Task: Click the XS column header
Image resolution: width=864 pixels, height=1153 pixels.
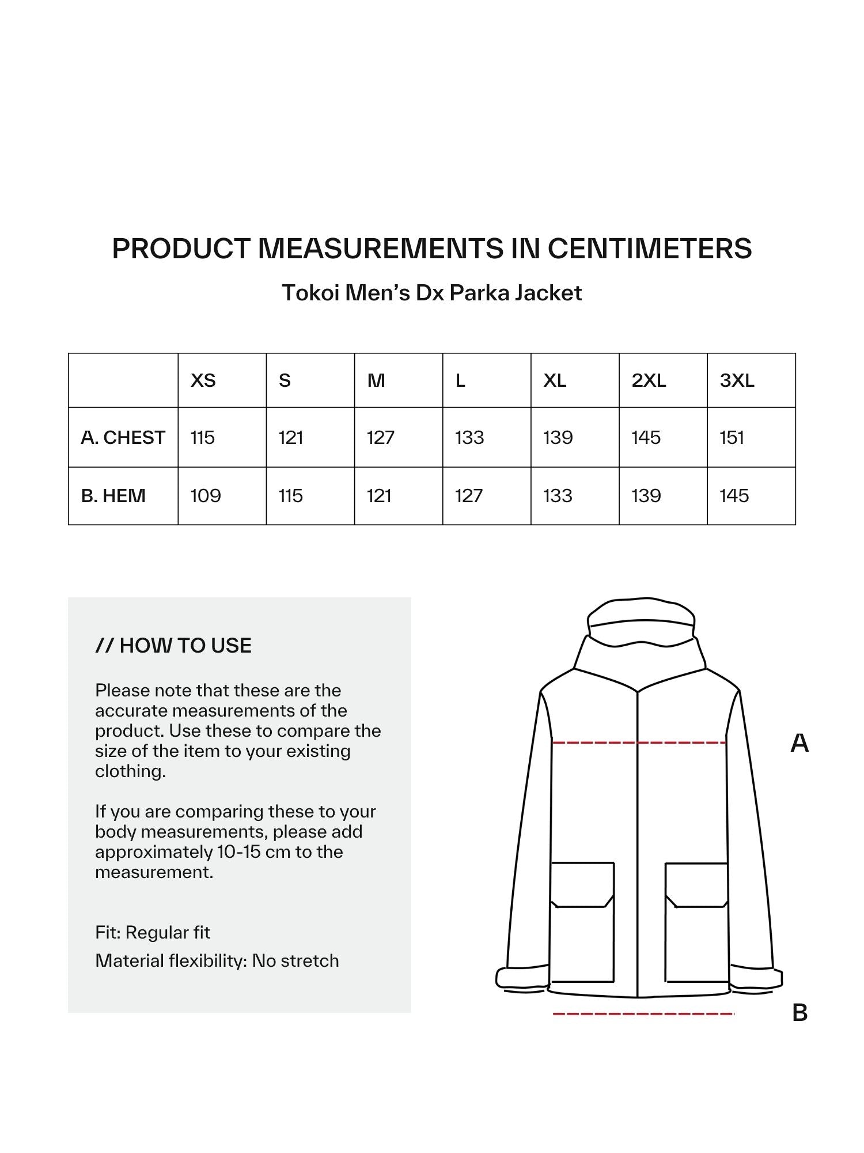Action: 203,380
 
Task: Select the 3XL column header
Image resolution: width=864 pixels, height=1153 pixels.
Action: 737,380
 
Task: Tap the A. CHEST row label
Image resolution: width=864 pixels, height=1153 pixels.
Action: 123,438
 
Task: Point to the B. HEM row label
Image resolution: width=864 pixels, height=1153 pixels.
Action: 113,496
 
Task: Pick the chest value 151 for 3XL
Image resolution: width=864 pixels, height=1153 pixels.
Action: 732,438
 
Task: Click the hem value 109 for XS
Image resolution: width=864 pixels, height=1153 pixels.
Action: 206,496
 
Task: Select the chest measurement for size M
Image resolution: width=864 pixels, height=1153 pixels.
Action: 380,438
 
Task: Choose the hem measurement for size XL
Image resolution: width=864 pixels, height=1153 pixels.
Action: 558,496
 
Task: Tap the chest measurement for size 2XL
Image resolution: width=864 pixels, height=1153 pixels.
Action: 646,438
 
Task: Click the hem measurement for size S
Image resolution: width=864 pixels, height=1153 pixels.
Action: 290,496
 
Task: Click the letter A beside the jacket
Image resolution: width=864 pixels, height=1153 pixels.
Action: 799,744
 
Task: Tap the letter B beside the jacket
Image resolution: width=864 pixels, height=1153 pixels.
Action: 799,1013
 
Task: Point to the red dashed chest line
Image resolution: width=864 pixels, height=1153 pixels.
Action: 638,743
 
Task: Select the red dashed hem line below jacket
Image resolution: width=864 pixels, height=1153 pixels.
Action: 643,1013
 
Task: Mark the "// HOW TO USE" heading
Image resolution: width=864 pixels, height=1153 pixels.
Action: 173,646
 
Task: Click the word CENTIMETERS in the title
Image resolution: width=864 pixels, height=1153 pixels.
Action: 649,248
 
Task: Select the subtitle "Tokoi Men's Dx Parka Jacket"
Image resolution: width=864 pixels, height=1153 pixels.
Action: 431,293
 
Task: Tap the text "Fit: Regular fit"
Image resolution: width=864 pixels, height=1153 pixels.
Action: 153,932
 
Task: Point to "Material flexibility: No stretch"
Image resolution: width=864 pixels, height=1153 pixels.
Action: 217,960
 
